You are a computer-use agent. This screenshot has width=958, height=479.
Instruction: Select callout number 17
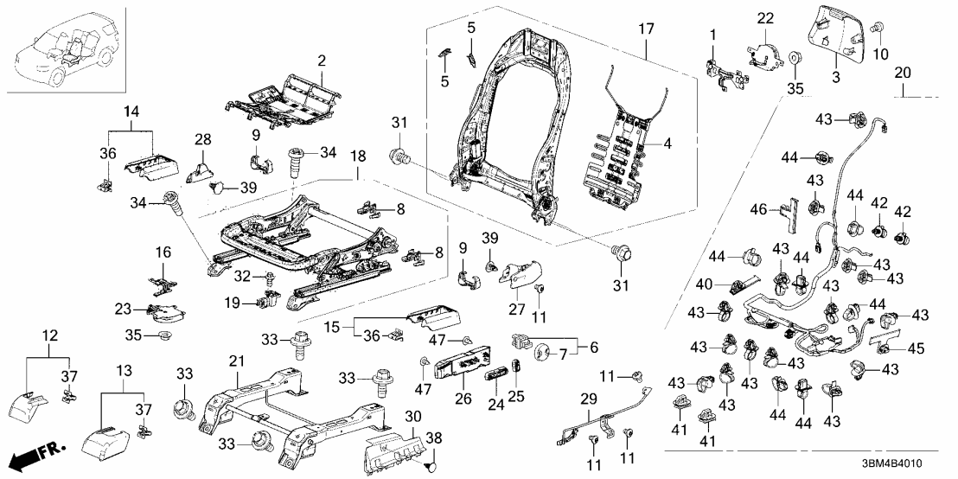coord(646,31)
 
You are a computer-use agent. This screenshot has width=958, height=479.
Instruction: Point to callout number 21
coord(235,361)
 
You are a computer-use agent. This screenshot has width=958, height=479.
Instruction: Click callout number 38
coord(432,438)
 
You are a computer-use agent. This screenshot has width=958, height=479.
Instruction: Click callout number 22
coord(766,18)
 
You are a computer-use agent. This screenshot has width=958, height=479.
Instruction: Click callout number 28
coord(202,140)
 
